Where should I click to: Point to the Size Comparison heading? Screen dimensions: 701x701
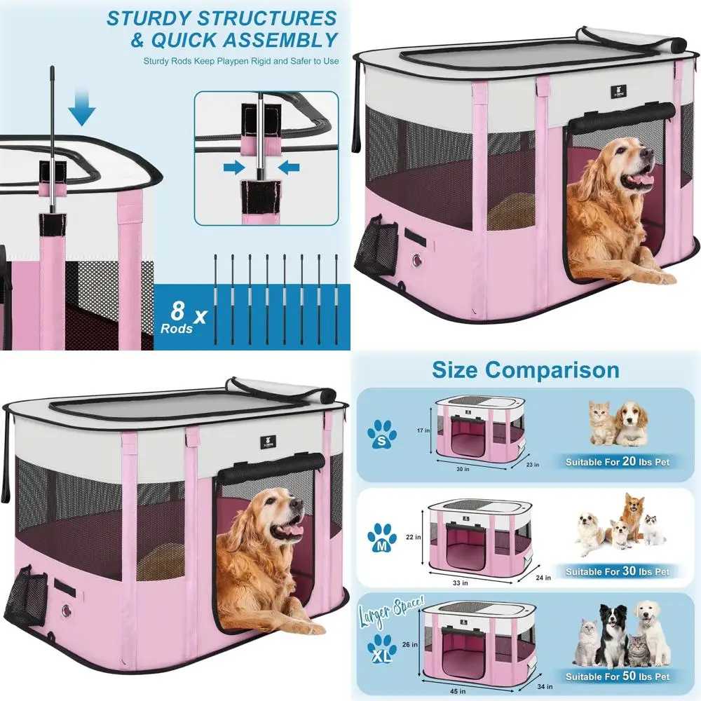click(x=525, y=369)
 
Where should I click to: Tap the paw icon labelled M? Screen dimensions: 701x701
click(x=381, y=538)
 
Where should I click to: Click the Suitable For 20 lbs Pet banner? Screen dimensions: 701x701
click(x=618, y=463)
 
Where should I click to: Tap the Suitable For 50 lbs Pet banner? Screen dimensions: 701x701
click(x=618, y=676)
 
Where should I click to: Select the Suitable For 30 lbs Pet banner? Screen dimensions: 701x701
click(x=618, y=571)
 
